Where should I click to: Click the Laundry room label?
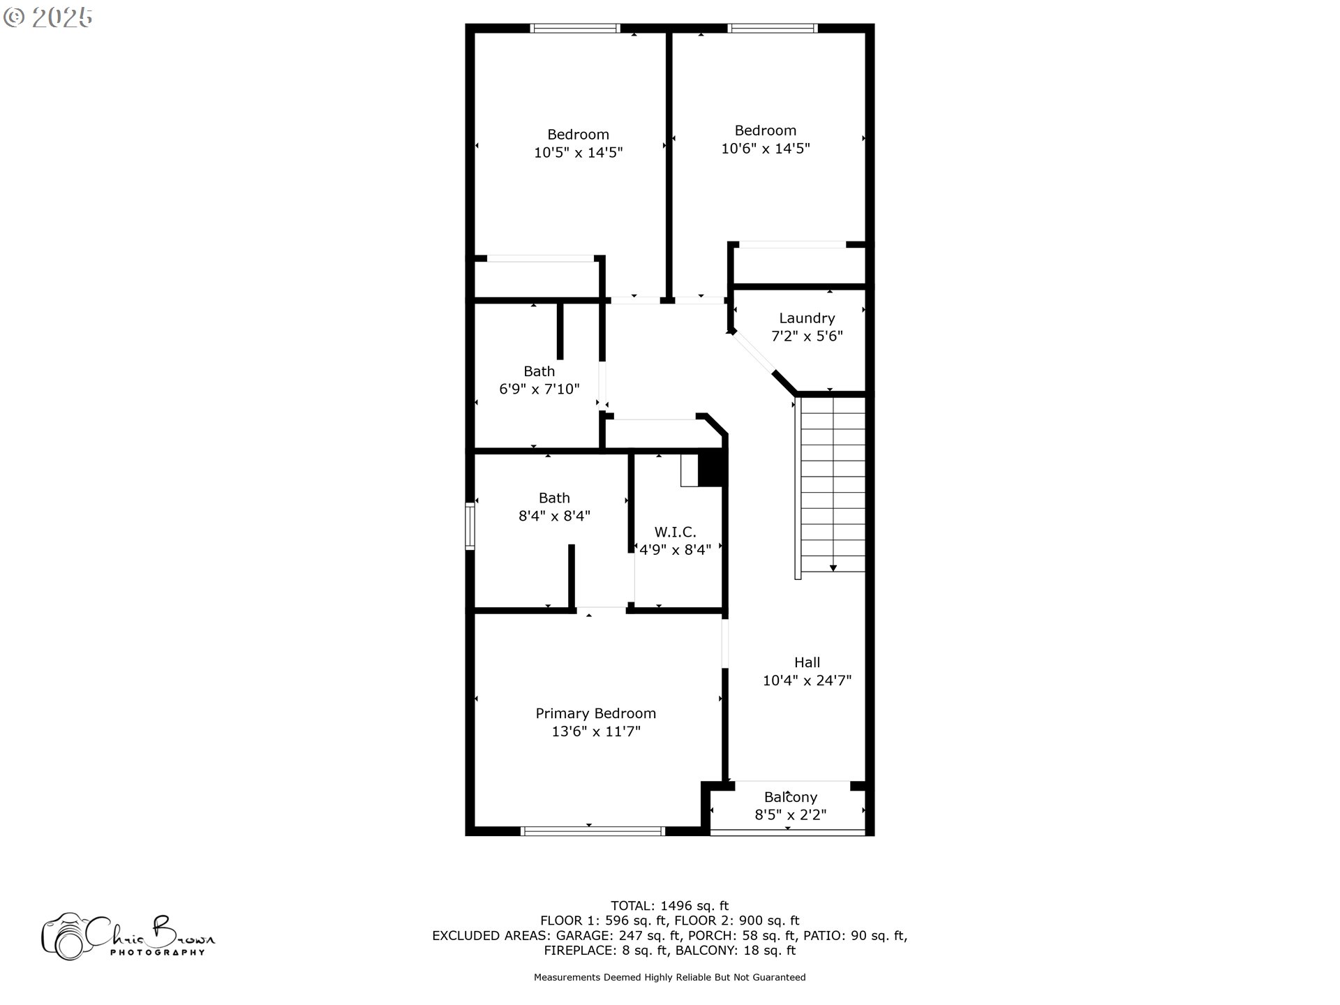pos(807,318)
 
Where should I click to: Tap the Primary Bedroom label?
pos(595,713)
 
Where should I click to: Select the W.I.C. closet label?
pos(675,532)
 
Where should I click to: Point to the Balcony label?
pos(791,797)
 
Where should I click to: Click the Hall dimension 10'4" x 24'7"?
pos(807,680)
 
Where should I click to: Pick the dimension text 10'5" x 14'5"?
pos(578,153)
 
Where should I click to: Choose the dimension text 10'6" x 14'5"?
pos(766,149)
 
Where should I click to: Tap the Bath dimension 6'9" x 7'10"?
pos(539,389)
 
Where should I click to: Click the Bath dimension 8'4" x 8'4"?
pos(554,516)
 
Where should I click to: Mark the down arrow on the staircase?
pos(833,568)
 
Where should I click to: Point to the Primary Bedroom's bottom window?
pos(593,831)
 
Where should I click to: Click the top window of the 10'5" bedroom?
pos(574,29)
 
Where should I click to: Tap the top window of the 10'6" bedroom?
pos(772,29)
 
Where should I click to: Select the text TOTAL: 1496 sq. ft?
pos(669,907)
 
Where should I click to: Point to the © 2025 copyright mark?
pos(47,17)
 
